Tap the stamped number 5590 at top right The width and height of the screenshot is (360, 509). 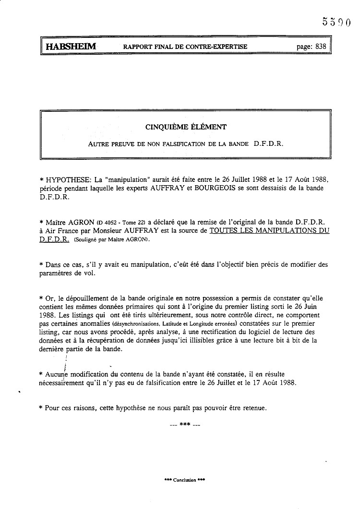[x=337, y=22]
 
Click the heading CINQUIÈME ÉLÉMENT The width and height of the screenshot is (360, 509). [x=186, y=127]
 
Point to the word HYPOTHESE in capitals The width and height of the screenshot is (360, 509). [x=65, y=179]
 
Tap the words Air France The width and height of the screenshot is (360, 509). [x=62, y=230]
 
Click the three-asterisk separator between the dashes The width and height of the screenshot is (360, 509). [x=185, y=425]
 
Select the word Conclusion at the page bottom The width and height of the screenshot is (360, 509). [x=185, y=480]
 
